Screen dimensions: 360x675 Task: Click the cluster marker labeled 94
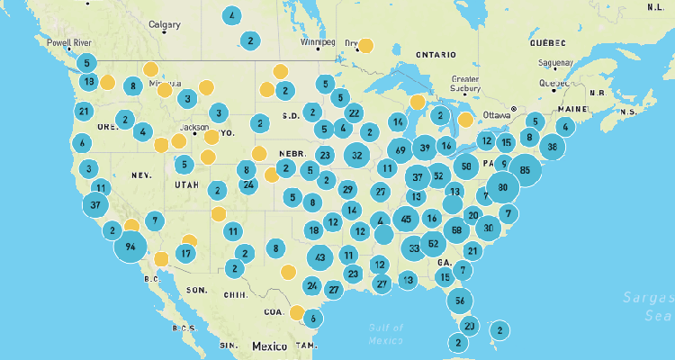point(130,247)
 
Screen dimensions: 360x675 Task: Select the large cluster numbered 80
point(503,188)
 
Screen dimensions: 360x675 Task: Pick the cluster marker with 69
point(400,149)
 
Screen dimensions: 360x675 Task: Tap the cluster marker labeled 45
point(407,219)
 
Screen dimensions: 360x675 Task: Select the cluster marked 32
point(357,156)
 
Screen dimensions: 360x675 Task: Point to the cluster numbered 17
point(185,254)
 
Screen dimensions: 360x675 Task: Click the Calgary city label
point(164,24)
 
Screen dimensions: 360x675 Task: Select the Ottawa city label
point(497,114)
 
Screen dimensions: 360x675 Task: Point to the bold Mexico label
point(269,346)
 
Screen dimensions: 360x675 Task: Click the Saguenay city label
point(542,63)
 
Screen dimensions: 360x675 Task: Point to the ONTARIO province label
point(437,55)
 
